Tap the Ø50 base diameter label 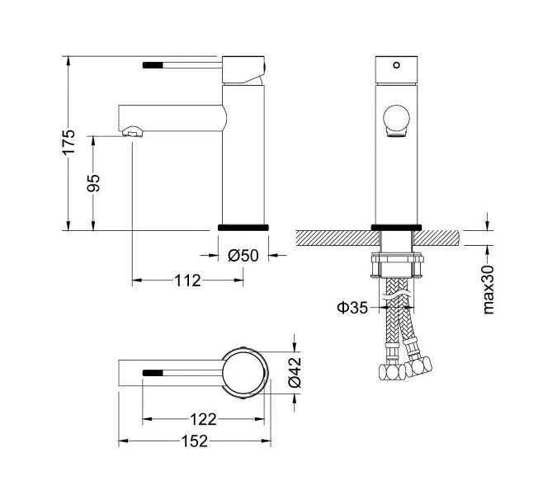pyautogui.click(x=243, y=256)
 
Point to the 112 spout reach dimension pyautogui.click(x=188, y=281)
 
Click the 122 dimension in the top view pyautogui.click(x=202, y=419)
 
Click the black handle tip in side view pyautogui.click(x=153, y=63)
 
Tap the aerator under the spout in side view pyautogui.click(x=131, y=131)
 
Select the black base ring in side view pyautogui.click(x=243, y=225)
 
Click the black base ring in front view pyautogui.click(x=397, y=225)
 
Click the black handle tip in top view pyautogui.click(x=153, y=372)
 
